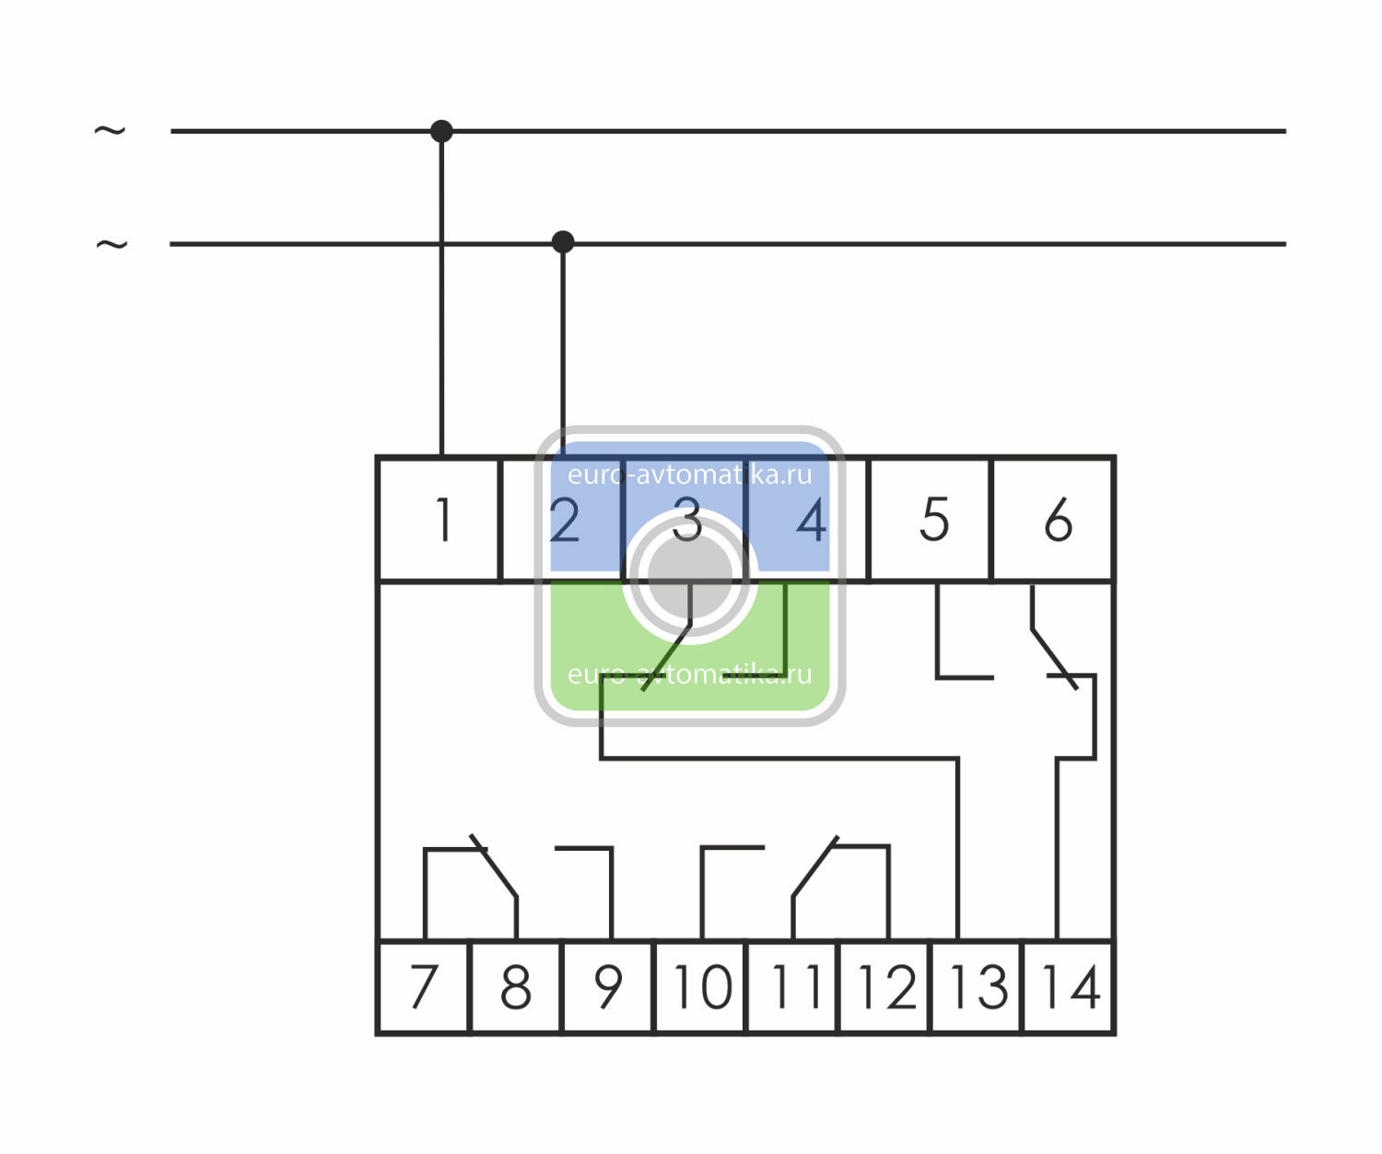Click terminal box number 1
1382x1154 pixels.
coord(439,520)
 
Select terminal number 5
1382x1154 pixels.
coord(931,520)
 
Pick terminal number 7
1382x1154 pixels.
coord(424,987)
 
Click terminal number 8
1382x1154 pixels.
coord(516,987)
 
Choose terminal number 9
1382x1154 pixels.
coord(608,987)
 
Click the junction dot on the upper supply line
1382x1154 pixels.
coord(441,131)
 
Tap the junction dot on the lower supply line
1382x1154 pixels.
coord(563,242)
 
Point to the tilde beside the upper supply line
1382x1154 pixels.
coord(110,131)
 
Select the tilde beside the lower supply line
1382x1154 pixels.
coord(111,245)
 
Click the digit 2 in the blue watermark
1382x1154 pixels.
coord(564,521)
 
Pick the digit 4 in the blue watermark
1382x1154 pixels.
coord(811,521)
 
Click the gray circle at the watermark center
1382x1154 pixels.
coord(690,576)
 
